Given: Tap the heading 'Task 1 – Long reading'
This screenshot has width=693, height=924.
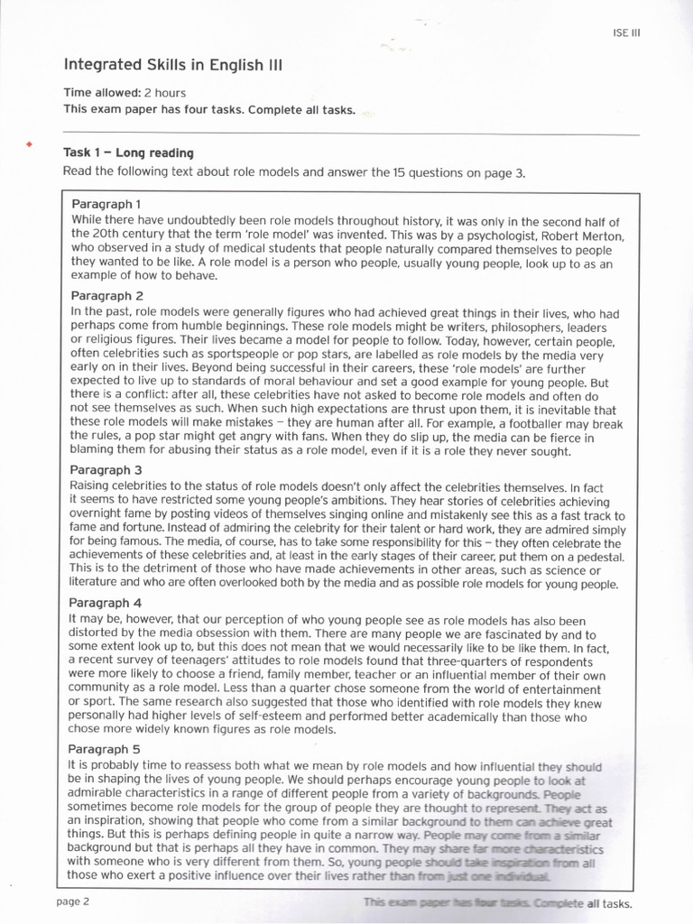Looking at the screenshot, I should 128,152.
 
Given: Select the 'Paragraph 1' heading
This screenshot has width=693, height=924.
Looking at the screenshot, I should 106,204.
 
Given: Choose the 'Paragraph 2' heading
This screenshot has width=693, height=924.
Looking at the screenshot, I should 106,295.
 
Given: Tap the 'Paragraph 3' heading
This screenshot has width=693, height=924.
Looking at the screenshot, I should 106,470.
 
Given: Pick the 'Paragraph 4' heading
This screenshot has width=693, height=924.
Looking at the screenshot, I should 106,602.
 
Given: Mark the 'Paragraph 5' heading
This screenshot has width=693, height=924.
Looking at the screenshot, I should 106,748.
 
